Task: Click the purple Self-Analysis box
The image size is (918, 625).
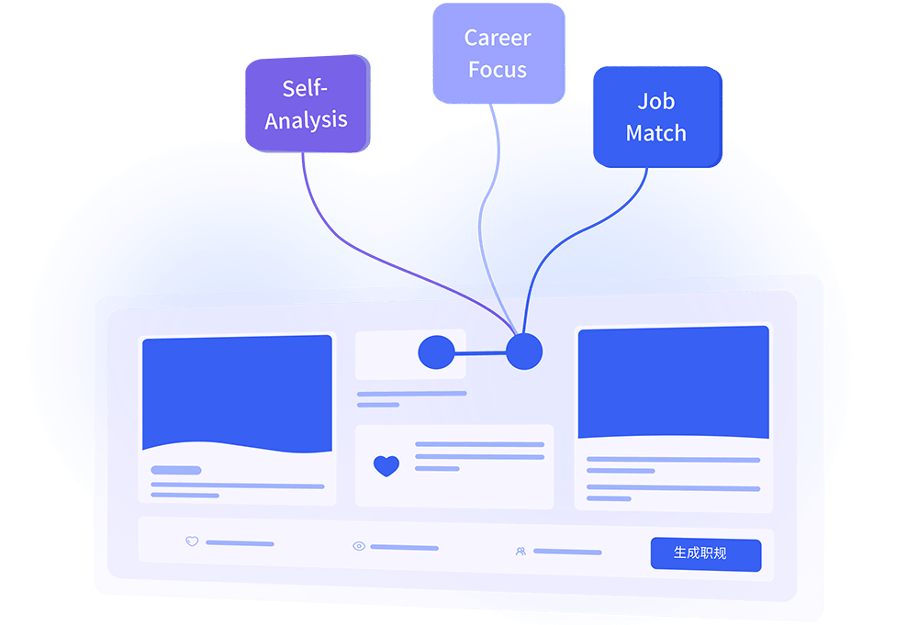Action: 308,104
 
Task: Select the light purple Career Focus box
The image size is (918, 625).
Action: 498,53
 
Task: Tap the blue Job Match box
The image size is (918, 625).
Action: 657,117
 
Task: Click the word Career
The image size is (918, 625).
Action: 498,38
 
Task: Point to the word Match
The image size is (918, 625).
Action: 655,133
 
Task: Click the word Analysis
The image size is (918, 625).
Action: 306,121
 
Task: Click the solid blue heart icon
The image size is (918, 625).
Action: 386,466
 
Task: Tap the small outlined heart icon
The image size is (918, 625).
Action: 192,541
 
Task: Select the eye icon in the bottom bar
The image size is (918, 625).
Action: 359,546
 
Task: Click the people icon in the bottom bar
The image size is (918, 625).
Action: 521,552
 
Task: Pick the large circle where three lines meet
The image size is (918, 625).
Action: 524,352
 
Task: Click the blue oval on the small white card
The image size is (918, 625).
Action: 437,352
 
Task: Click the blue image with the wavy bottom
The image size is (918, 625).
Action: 237,393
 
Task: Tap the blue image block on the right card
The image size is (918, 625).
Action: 673,382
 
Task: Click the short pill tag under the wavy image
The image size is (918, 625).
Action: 176,470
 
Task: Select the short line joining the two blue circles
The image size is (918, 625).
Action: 480,352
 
